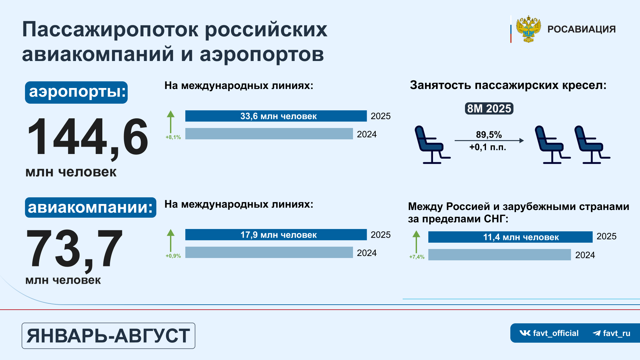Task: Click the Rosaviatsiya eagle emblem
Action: coord(528,29)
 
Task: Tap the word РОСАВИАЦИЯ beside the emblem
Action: coord(581,29)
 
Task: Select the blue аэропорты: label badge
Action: coord(76,92)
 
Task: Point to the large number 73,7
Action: coord(74,249)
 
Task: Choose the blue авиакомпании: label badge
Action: coord(91,207)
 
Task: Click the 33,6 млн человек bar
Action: coord(276,116)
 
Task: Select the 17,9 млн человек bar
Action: coord(276,235)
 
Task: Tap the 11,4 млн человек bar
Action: coord(510,237)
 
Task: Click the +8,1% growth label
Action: coord(173,137)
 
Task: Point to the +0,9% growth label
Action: coord(173,256)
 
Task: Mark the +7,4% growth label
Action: coord(417,257)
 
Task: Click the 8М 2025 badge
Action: coord(489,109)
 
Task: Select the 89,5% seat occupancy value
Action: coord(489,135)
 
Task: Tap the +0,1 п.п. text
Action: coord(488,147)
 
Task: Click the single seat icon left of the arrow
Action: coord(432,145)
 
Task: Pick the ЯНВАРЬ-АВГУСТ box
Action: coord(108,336)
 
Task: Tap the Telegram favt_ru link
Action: coord(611,333)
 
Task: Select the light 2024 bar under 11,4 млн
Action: coord(499,255)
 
